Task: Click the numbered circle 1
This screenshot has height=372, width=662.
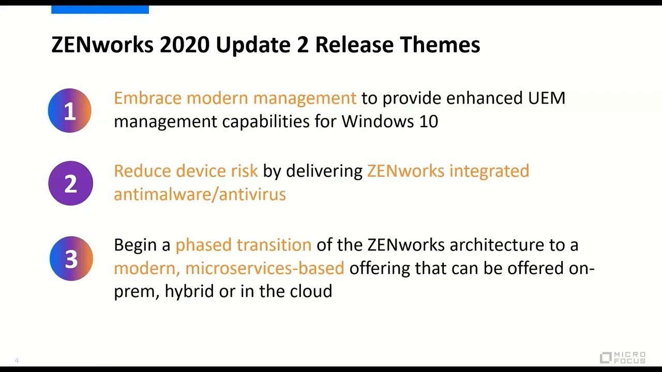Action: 69,111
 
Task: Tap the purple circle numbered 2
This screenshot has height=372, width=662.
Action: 70,183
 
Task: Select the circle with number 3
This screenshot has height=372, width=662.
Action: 71,259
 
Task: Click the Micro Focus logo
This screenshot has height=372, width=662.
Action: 623,357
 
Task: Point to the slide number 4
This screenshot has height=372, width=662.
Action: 17,360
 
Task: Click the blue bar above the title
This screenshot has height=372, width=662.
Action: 100,9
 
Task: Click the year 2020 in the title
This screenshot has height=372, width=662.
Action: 184,45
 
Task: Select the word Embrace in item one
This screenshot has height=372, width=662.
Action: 147,98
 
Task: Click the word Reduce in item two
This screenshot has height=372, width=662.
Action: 142,171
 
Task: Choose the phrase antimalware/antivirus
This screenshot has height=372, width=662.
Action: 200,194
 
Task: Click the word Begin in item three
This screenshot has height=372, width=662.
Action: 137,245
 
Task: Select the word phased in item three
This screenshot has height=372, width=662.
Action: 203,245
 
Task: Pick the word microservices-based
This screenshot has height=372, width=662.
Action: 264,268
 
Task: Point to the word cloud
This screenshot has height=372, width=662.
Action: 310,291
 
